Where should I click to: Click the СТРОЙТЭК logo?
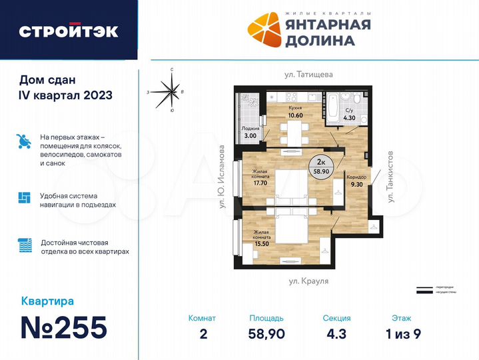(x=69, y=31)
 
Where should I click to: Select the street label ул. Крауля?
(x=309, y=283)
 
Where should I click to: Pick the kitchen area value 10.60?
(x=296, y=115)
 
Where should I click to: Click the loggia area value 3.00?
(x=250, y=135)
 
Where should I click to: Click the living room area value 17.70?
(x=260, y=182)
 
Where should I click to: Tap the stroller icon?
(x=24, y=142)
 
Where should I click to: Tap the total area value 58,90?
(x=266, y=334)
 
